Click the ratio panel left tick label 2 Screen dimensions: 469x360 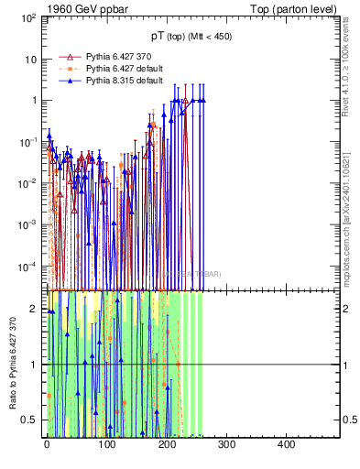pos(35,309)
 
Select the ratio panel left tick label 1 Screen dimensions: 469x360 pos(35,365)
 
